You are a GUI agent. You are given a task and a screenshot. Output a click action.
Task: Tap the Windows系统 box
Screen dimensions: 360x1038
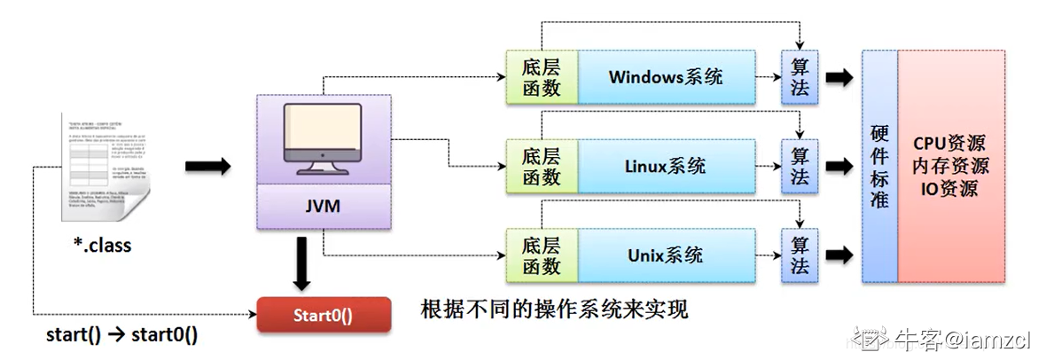click(666, 76)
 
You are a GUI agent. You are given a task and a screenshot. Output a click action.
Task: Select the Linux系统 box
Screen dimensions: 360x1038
click(666, 166)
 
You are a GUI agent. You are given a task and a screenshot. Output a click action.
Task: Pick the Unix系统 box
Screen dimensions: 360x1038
click(666, 254)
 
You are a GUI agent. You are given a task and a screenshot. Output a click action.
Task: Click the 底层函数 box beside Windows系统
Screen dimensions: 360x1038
click(541, 76)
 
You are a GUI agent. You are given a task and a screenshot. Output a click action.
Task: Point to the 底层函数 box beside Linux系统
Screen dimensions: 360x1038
click(541, 166)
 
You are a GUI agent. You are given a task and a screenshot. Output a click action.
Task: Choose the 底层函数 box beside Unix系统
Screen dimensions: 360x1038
click(541, 254)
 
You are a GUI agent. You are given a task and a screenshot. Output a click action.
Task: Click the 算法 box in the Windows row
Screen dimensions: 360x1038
click(800, 76)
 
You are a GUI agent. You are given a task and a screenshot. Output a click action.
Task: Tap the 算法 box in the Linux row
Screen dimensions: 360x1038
click(800, 166)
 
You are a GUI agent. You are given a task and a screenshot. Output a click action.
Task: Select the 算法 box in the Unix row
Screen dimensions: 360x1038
click(800, 254)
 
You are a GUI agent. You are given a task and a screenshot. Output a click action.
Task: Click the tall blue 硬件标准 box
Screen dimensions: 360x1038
click(879, 166)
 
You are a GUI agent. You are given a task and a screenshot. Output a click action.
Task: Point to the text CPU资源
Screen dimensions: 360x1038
click(950, 144)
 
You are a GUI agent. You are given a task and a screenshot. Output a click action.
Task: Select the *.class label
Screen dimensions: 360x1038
click(102, 245)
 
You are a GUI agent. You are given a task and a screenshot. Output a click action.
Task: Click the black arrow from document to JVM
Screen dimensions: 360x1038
click(208, 165)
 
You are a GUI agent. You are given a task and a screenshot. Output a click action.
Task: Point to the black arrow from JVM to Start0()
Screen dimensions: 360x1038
click(302, 264)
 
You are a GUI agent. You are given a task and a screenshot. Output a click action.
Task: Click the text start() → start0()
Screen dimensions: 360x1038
click(122, 336)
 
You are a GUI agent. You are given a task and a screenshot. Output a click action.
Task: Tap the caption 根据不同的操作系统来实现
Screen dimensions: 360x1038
click(554, 310)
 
